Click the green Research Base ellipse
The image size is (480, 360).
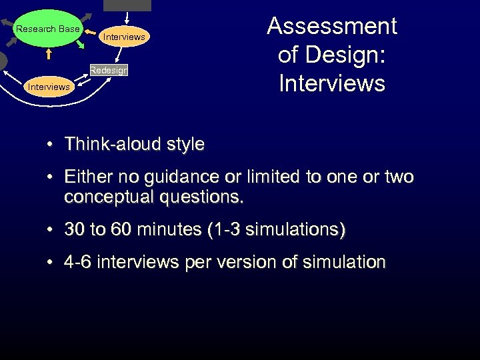[47, 29]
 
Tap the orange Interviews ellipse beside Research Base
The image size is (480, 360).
[124, 37]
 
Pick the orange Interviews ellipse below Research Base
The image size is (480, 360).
[48, 87]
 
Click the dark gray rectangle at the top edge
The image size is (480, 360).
[127, 5]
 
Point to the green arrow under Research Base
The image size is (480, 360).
[79, 45]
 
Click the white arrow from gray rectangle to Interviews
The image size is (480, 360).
[126, 20]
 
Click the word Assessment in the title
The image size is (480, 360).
[332, 27]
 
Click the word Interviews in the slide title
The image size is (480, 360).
[332, 83]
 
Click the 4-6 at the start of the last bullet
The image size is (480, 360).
[78, 263]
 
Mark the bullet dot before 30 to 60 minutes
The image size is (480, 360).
[51, 231]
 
